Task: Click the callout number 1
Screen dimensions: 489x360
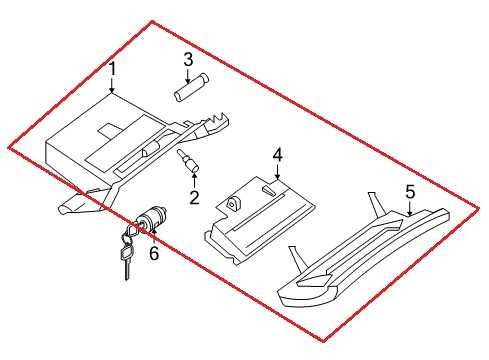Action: (x=113, y=69)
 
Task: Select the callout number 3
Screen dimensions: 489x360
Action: (x=187, y=59)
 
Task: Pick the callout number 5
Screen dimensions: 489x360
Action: (x=409, y=190)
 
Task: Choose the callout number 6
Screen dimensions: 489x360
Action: (x=153, y=253)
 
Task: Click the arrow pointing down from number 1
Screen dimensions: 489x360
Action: (x=113, y=87)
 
